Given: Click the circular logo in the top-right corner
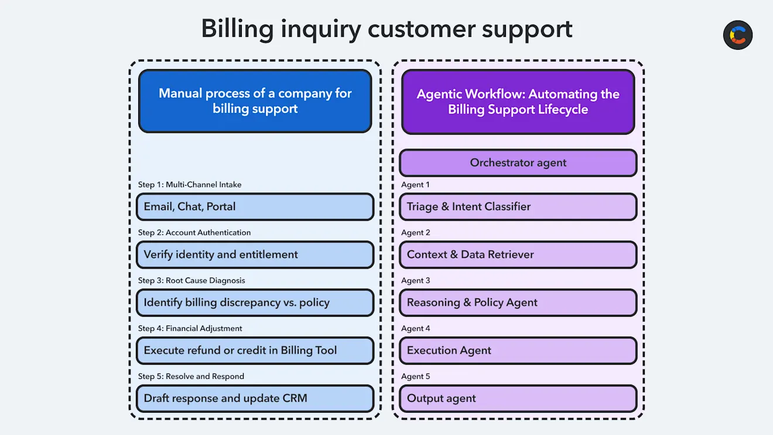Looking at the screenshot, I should (737, 35).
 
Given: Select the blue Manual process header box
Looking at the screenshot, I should (255, 101).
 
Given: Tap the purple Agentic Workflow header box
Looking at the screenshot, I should (518, 102).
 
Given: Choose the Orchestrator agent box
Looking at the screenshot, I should (518, 163).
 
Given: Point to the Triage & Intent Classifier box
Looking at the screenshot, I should (518, 207).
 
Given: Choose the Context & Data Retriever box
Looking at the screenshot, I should (518, 255).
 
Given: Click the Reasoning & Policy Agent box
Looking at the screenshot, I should (518, 303).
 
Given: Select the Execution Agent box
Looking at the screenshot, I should (518, 351).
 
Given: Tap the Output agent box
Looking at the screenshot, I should (518, 399).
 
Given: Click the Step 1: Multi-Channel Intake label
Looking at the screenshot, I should (190, 184).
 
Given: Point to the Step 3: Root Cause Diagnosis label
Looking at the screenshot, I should (191, 280).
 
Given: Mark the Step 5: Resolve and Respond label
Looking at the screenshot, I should (191, 376).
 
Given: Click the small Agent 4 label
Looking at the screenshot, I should (415, 328).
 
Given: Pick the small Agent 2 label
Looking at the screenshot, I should (415, 232).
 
